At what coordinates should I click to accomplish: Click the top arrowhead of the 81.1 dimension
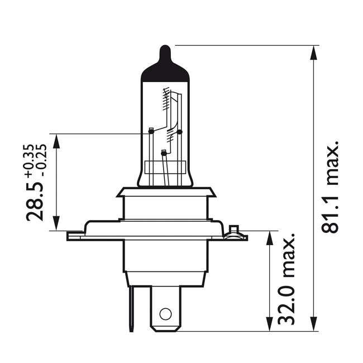[314, 51]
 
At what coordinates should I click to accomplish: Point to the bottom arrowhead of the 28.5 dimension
[56, 224]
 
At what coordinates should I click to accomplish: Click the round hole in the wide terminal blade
[165, 313]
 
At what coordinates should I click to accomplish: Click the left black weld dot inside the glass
[150, 132]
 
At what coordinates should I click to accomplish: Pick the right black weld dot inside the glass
[179, 132]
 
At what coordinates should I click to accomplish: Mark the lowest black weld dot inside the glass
[163, 153]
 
